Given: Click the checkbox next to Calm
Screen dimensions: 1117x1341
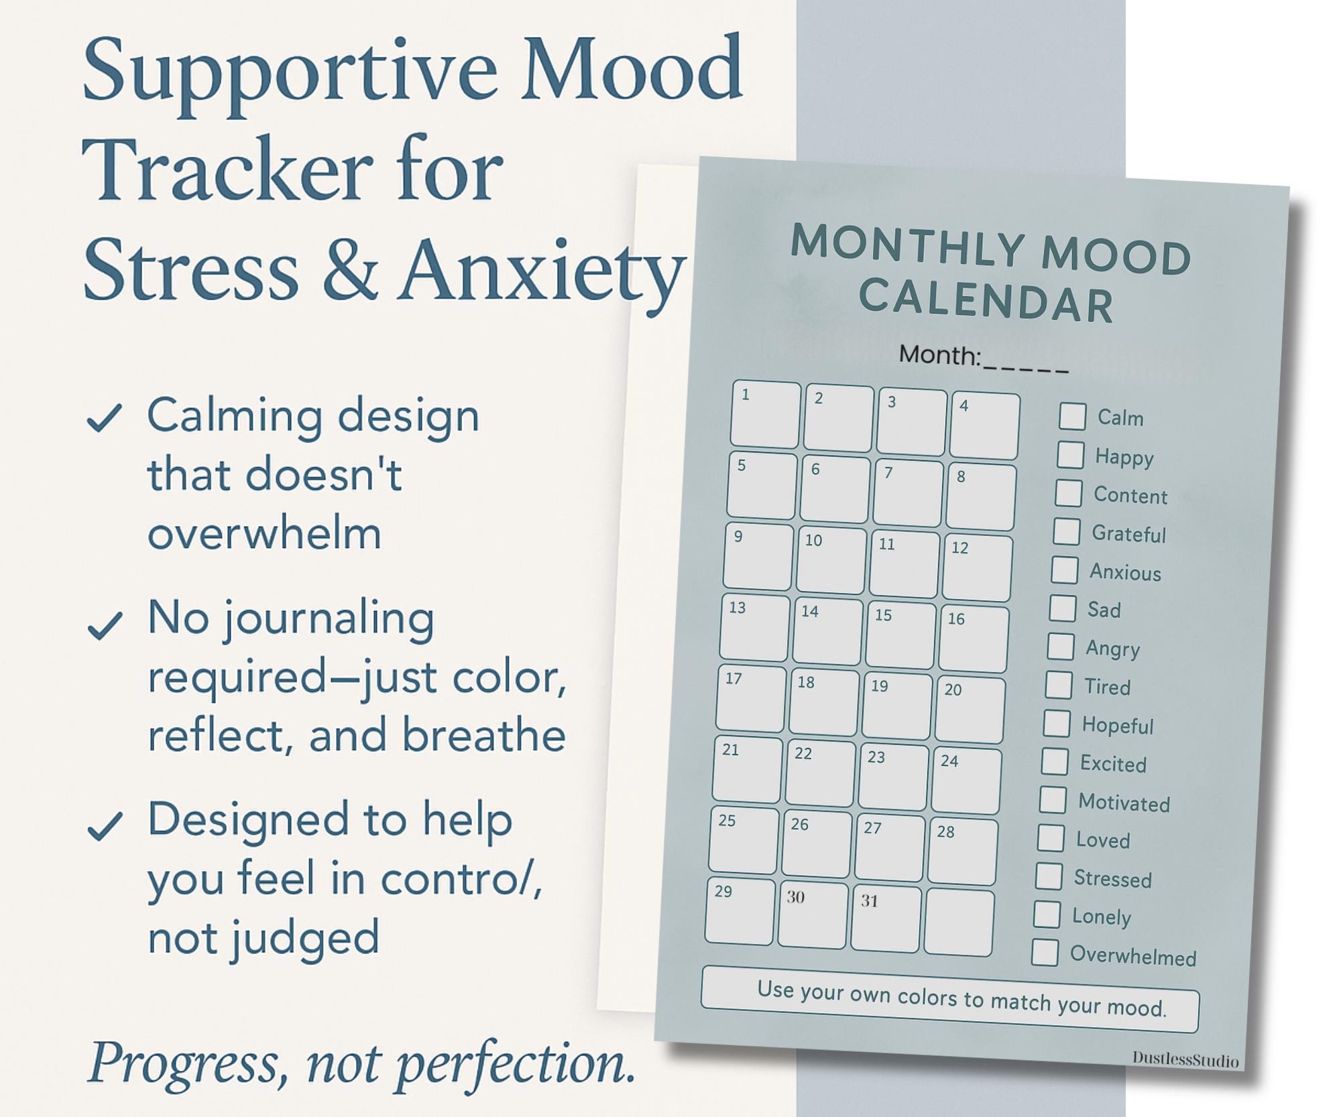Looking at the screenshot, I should [1072, 416].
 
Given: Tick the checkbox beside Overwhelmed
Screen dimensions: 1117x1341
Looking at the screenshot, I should [1045, 952].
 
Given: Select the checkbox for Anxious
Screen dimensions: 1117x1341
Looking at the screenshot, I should [1064, 570].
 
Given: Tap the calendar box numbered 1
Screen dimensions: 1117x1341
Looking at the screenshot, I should [765, 415].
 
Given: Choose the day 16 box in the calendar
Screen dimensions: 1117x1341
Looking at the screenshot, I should [974, 639].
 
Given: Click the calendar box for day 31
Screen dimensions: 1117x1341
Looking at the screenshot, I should [886, 918].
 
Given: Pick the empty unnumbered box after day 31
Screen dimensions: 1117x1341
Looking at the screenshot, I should [959, 923].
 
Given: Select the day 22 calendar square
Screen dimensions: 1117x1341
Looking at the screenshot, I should [821, 773].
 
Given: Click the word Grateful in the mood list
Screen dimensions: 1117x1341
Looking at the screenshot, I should [1129, 534].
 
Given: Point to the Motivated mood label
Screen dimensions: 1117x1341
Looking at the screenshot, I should [1124, 803].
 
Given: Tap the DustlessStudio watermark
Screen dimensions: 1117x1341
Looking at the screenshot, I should [1185, 1059].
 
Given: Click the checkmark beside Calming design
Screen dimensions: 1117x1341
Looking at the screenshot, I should [105, 418].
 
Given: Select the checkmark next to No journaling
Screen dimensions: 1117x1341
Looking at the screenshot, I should [105, 626].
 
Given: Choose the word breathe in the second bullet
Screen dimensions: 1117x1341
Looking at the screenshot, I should [484, 736].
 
